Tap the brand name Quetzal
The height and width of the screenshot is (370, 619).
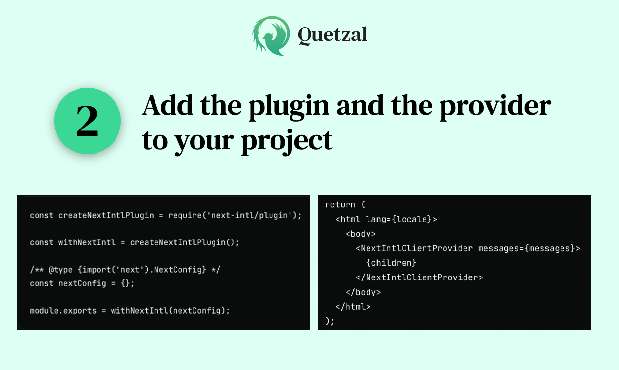tap(332, 35)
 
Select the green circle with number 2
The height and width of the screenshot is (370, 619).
tap(87, 121)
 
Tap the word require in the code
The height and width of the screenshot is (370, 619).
tap(186, 215)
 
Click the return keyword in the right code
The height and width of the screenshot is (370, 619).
tap(340, 204)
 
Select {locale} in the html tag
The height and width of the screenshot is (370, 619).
tap(413, 219)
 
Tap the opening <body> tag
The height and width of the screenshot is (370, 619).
tap(361, 234)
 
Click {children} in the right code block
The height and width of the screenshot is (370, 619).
tap(391, 263)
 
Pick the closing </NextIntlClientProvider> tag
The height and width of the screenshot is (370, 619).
tap(419, 277)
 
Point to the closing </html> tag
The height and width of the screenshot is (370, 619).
tap(353, 307)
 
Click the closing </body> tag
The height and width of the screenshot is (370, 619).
tap(363, 292)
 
